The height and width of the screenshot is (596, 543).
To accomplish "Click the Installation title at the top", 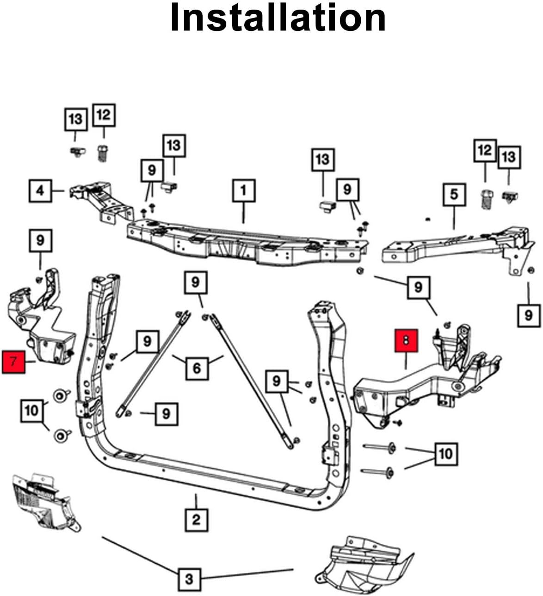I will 278,18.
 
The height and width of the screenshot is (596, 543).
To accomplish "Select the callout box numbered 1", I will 243,191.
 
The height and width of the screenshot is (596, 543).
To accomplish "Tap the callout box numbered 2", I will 196,519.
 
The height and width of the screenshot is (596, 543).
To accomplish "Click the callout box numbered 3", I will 189,579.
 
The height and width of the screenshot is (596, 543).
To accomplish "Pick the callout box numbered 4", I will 40,190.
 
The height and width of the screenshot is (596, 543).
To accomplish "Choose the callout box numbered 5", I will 454,194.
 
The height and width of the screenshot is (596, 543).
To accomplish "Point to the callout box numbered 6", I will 197,368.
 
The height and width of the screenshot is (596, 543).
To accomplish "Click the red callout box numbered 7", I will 14,362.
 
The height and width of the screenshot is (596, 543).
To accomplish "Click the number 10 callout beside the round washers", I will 31,410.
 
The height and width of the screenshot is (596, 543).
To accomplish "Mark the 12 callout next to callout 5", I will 485,150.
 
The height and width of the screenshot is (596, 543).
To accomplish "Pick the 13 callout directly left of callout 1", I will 173,146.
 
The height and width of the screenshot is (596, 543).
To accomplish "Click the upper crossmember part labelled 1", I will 245,243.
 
